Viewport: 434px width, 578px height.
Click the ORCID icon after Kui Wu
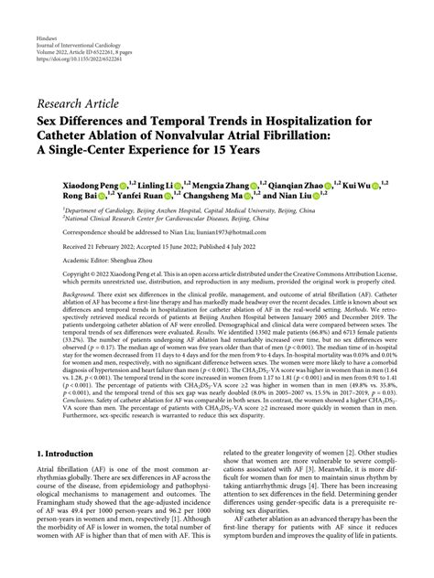(x=366, y=184)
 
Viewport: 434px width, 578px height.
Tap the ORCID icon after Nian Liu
(x=321, y=195)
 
